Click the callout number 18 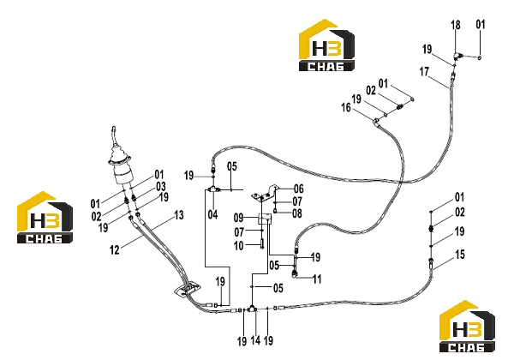pyautogui.click(x=456, y=25)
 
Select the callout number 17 pyautogui.click(x=424, y=71)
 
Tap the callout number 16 pyautogui.click(x=346, y=107)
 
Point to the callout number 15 pyautogui.click(x=460, y=255)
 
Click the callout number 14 pyautogui.click(x=255, y=340)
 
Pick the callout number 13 pyautogui.click(x=179, y=215)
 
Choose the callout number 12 pyautogui.click(x=115, y=250)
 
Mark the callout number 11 pyautogui.click(x=317, y=279)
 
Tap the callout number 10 pyautogui.click(x=239, y=245)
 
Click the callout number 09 pyautogui.click(x=239, y=218)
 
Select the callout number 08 pyautogui.click(x=297, y=213)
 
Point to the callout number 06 pyautogui.click(x=299, y=189)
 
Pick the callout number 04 pyautogui.click(x=212, y=215)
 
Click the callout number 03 pyautogui.click(x=161, y=187)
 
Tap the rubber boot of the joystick pyautogui.click(x=120, y=156)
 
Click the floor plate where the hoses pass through pyautogui.click(x=188, y=290)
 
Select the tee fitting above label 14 pyautogui.click(x=252, y=309)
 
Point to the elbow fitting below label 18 pyautogui.click(x=458, y=56)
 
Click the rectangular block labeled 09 pyautogui.click(x=265, y=219)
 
